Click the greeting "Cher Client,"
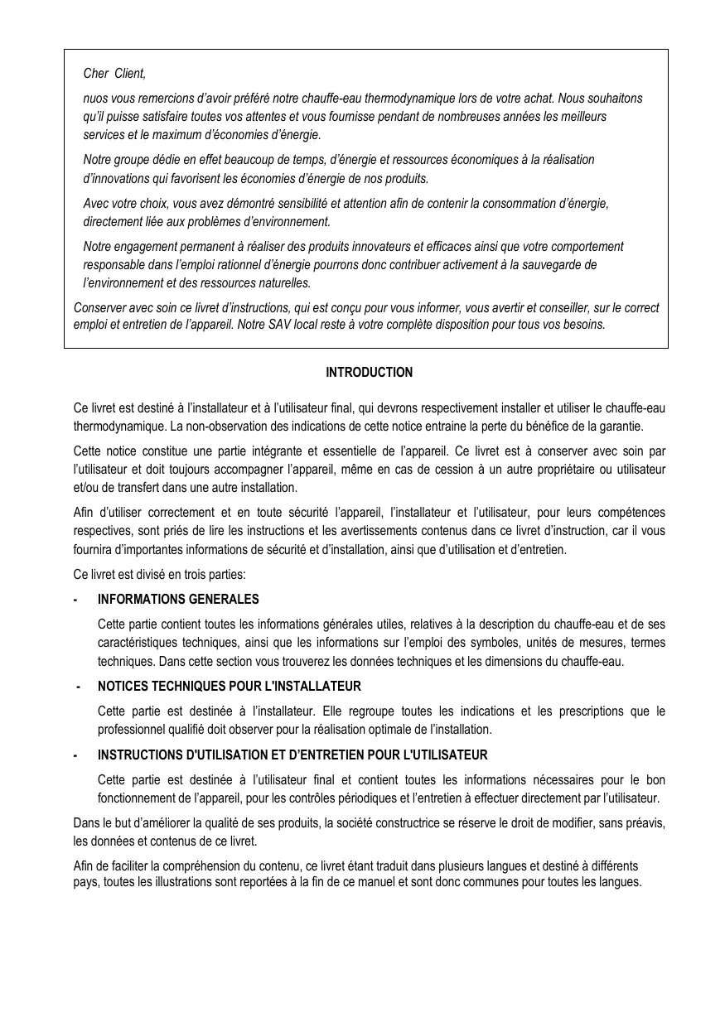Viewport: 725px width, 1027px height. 114,75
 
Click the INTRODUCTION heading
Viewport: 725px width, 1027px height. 369,373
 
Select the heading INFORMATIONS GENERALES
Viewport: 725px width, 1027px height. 178,599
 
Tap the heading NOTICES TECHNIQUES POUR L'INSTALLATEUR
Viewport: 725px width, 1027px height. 229,687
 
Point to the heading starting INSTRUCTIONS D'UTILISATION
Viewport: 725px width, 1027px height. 292,755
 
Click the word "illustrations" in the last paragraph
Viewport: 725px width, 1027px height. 171,881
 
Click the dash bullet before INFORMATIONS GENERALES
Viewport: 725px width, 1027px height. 75,599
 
